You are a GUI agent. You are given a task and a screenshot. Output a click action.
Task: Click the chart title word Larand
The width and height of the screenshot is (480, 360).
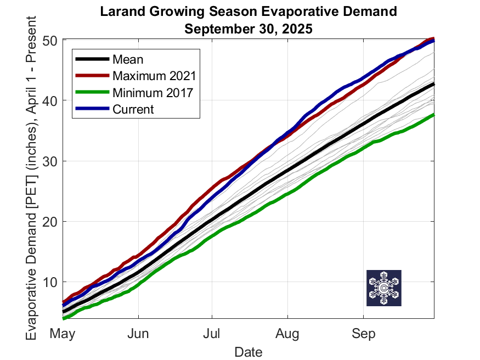click(x=122, y=12)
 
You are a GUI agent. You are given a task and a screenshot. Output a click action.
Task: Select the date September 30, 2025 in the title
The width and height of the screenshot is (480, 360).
click(x=249, y=29)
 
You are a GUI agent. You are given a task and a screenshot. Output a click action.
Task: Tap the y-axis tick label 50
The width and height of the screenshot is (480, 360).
click(x=50, y=41)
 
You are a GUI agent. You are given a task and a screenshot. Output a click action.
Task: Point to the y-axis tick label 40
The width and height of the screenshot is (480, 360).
click(x=50, y=101)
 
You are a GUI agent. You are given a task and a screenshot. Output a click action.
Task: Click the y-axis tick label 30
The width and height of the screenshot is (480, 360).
click(x=50, y=161)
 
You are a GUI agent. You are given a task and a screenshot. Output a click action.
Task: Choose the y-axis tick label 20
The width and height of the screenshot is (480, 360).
click(x=50, y=222)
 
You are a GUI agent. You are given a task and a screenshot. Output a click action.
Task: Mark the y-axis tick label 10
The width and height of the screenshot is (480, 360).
click(x=50, y=282)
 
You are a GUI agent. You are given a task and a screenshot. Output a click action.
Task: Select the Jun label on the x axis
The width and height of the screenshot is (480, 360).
click(x=138, y=333)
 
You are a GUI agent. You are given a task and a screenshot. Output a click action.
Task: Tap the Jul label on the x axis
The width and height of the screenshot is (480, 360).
click(x=212, y=333)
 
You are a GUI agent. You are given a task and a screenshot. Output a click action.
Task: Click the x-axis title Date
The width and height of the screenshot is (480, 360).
click(x=249, y=352)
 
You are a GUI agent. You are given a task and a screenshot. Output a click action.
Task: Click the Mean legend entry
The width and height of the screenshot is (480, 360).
click(x=128, y=59)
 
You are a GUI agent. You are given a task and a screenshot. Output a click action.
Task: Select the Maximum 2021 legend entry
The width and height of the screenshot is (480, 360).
click(x=154, y=76)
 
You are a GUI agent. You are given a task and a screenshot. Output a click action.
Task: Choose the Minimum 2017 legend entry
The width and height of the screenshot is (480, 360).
click(x=153, y=93)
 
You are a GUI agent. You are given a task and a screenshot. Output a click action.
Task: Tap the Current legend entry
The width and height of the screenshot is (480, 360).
click(x=133, y=109)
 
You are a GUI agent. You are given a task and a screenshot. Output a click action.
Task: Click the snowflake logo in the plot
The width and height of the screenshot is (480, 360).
click(x=384, y=288)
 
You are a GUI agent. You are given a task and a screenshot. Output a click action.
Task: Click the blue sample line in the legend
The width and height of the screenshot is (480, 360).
click(x=93, y=108)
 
